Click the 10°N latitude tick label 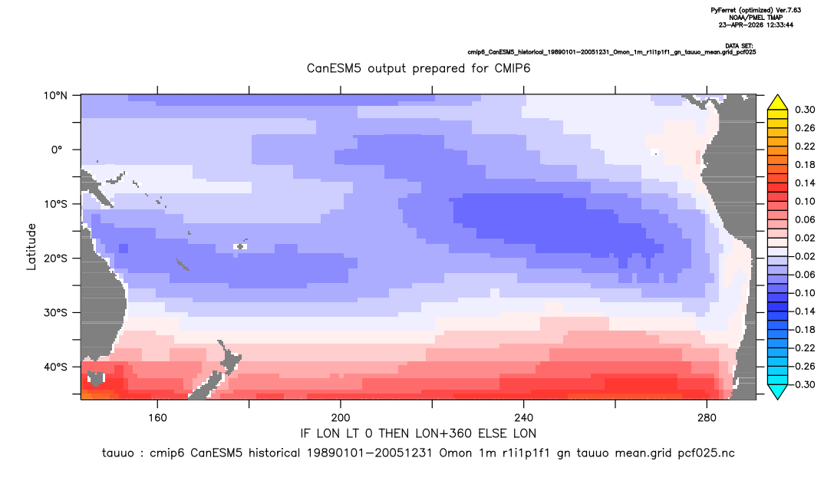pos(55,96)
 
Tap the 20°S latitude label pos(55,258)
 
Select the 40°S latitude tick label pos(55,367)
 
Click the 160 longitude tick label pos(157,418)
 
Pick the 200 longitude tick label pos(341,418)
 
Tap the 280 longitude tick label pos(707,418)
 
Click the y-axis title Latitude pos(31,247)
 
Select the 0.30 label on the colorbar pos(805,110)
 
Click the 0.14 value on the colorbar pos(805,183)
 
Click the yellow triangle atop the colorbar pos(777,103)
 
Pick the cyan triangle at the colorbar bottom pos(777,391)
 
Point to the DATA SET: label pos(740,46)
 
